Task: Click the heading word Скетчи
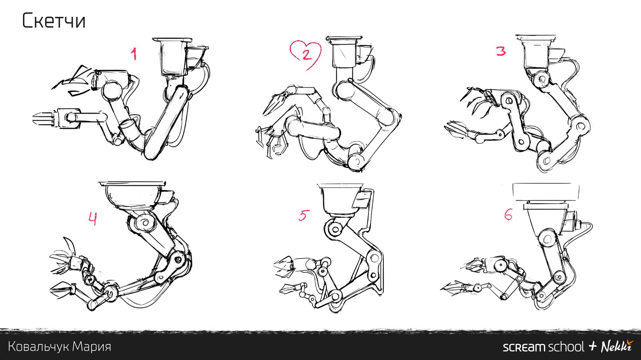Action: (x=54, y=21)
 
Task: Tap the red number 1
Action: (x=134, y=54)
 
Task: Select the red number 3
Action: (x=501, y=51)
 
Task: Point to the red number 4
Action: (x=92, y=219)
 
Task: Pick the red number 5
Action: (x=304, y=215)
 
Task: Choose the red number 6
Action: (x=508, y=214)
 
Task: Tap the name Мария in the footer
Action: (x=92, y=347)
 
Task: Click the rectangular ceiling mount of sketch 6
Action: (x=546, y=192)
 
